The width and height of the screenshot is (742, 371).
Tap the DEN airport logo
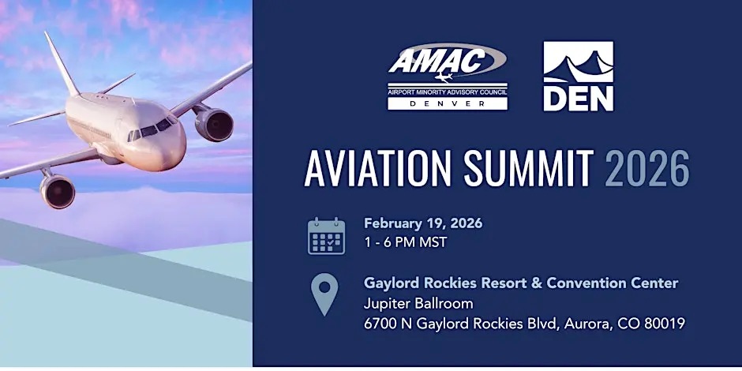(x=578, y=77)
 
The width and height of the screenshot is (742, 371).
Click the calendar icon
(x=326, y=236)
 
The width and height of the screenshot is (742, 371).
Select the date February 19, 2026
(x=422, y=223)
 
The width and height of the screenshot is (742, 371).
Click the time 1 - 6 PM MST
(x=405, y=242)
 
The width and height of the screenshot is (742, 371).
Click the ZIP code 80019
(x=665, y=323)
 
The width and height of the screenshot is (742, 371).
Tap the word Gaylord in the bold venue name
(x=392, y=283)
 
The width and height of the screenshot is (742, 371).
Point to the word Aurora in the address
(x=588, y=323)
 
